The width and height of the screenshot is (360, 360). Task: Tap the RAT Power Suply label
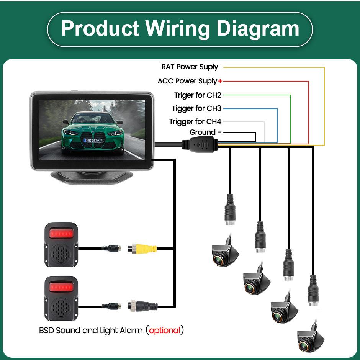pos(190,67)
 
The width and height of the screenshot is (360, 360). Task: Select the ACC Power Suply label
pos(187,81)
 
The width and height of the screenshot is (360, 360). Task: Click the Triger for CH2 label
pos(198,95)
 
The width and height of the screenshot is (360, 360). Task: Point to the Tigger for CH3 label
pos(196,108)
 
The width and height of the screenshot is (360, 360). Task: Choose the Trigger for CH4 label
pos(195,122)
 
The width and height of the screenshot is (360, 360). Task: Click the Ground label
pos(203,133)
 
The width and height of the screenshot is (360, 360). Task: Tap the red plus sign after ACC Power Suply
pos(220,81)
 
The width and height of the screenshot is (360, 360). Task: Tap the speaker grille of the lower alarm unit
pos(62,306)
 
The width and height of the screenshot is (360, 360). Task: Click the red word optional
pos(164,330)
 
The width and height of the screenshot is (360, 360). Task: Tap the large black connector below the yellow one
pos(144,306)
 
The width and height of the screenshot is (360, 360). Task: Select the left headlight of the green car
pos(72,132)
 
